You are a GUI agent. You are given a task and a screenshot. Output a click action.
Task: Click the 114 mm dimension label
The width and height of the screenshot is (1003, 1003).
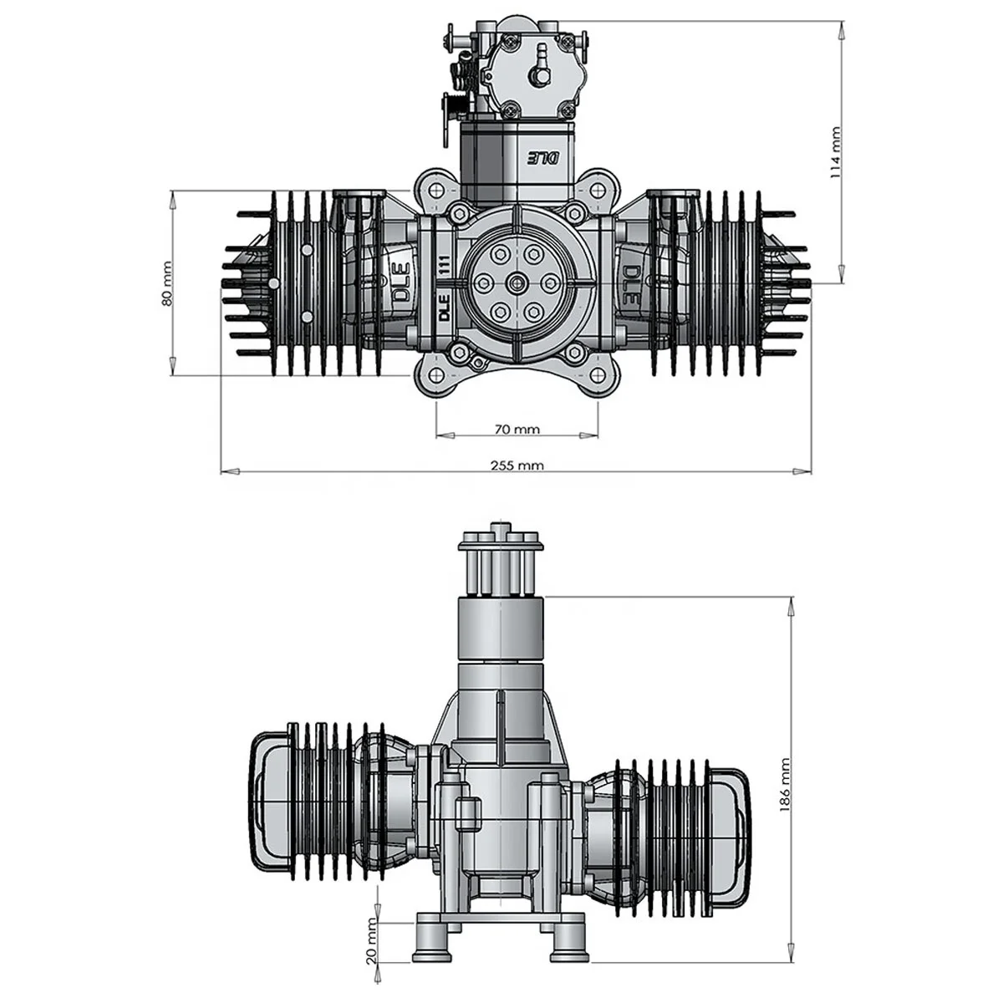[835, 152]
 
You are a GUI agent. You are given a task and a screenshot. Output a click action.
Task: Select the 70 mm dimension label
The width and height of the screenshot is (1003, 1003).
[517, 430]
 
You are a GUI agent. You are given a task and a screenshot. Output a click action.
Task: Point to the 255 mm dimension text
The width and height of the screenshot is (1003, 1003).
[517, 465]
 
